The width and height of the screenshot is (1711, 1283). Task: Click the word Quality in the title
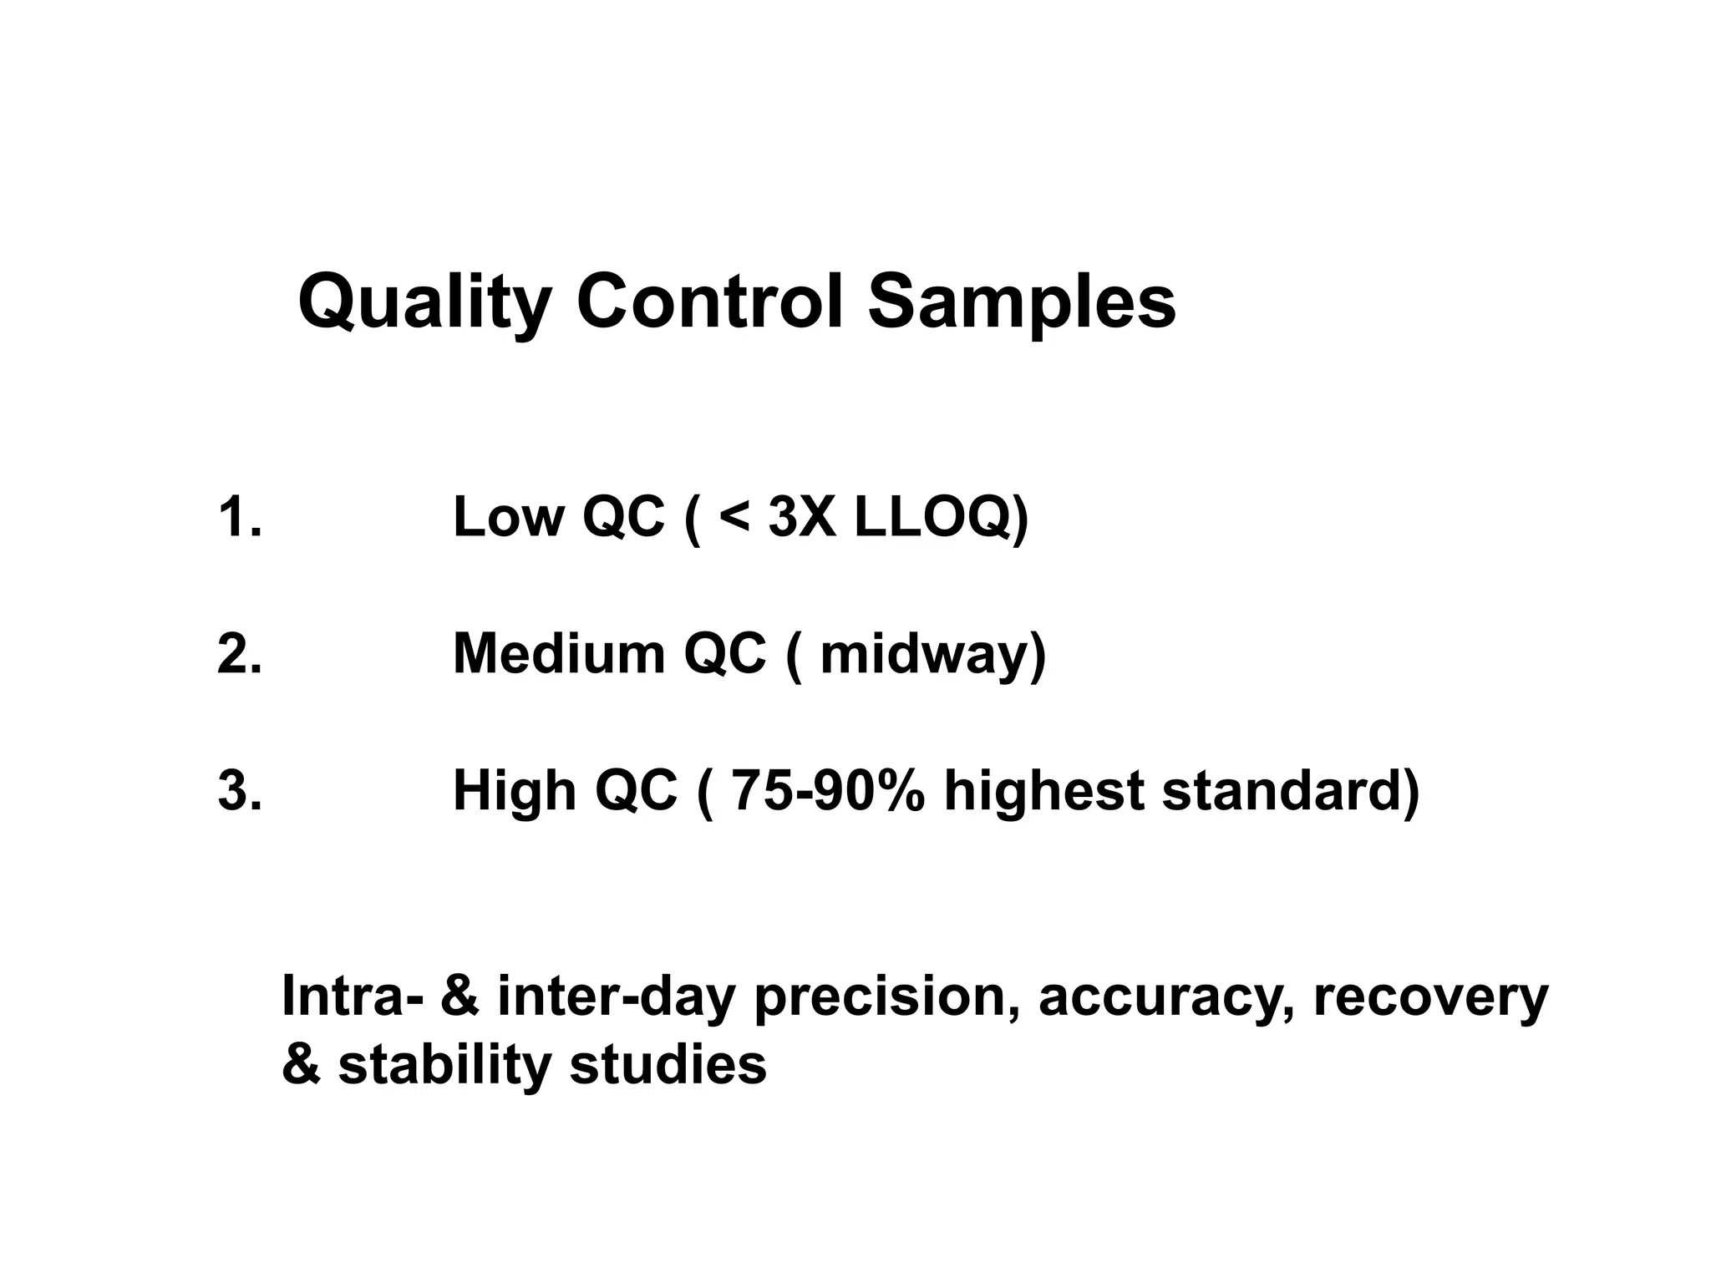point(424,303)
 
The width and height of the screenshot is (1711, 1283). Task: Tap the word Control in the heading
point(710,302)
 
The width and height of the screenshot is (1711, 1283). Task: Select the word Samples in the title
point(1021,303)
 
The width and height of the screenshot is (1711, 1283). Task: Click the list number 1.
point(239,517)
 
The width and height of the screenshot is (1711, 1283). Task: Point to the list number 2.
point(239,653)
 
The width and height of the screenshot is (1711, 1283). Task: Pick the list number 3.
point(239,790)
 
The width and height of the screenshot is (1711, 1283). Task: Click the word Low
point(508,517)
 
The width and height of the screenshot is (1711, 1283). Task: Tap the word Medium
point(558,653)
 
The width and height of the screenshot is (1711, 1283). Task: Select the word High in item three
point(515,792)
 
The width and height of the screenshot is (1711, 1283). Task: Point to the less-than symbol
point(734,519)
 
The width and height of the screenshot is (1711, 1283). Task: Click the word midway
point(927,655)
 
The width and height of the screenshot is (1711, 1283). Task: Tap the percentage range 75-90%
point(827,790)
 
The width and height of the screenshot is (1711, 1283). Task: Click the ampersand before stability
point(301,1065)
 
